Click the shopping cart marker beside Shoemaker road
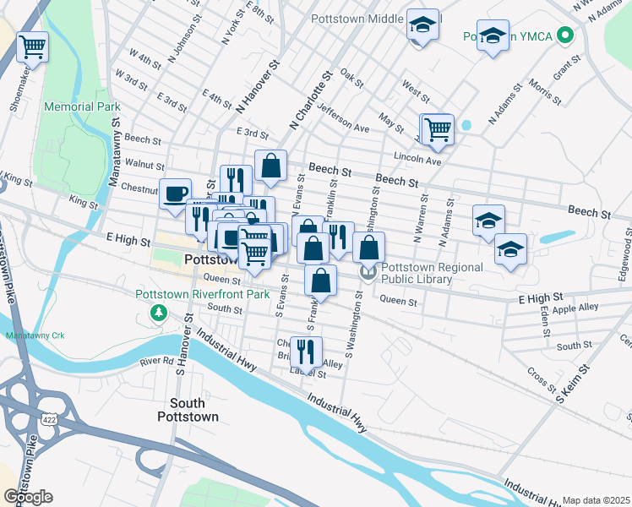click(32, 46)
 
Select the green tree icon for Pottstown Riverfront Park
click(157, 313)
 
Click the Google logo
click(28, 497)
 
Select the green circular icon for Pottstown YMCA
click(567, 36)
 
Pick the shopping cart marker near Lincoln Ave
click(437, 129)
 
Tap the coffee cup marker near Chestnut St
click(176, 194)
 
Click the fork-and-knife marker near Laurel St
click(306, 350)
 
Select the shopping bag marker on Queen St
click(320, 280)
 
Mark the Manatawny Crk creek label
click(35, 335)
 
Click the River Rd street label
click(156, 361)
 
